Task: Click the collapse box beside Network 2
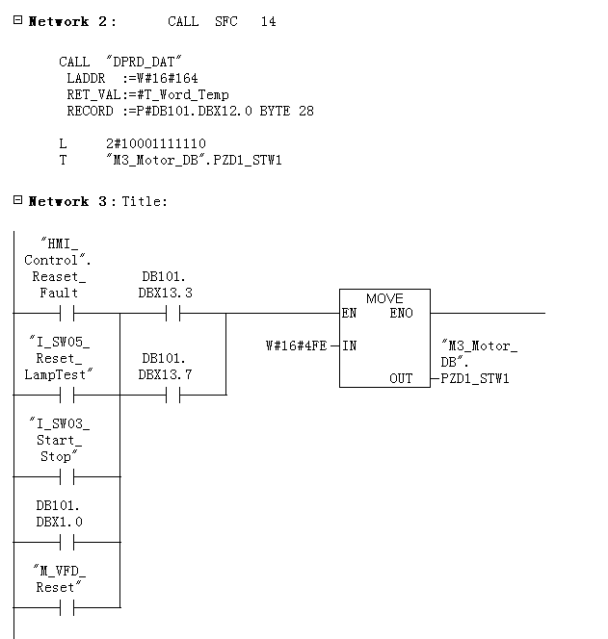click(17, 20)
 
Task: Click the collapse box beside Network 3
click(17, 200)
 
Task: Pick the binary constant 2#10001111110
click(156, 143)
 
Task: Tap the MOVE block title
click(384, 298)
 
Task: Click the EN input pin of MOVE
click(348, 313)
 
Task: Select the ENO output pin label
click(402, 313)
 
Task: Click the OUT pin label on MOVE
click(401, 378)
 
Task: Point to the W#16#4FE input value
click(296, 345)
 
